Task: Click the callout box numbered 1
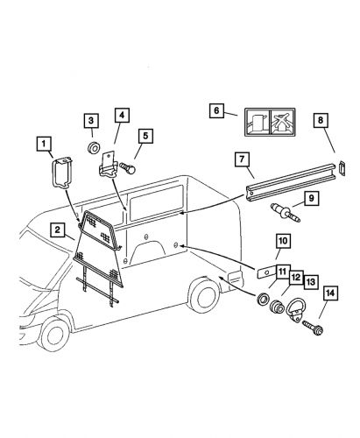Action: pyautogui.click(x=44, y=144)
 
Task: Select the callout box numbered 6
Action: pyautogui.click(x=216, y=110)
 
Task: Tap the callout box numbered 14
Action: pyautogui.click(x=330, y=293)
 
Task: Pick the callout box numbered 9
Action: pyautogui.click(x=311, y=198)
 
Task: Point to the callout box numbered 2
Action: pyautogui.click(x=57, y=230)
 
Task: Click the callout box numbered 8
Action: pyautogui.click(x=321, y=120)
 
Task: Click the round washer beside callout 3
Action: pyautogui.click(x=94, y=148)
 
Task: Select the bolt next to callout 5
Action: pyautogui.click(x=127, y=168)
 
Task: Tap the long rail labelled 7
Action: pyautogui.click(x=289, y=183)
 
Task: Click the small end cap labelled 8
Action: pyautogui.click(x=342, y=168)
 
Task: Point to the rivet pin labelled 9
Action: pyautogui.click(x=285, y=213)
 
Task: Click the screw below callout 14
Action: pyautogui.click(x=313, y=328)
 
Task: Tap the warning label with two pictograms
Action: pyautogui.click(x=270, y=122)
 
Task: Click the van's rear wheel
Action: pyautogui.click(x=203, y=295)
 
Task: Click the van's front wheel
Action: pyautogui.click(x=53, y=334)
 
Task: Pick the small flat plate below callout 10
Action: pyautogui.click(x=266, y=272)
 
